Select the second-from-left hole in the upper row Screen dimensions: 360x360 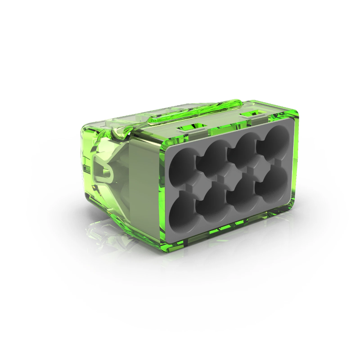coord(213,157)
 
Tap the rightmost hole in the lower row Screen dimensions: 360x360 coord(272,186)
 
